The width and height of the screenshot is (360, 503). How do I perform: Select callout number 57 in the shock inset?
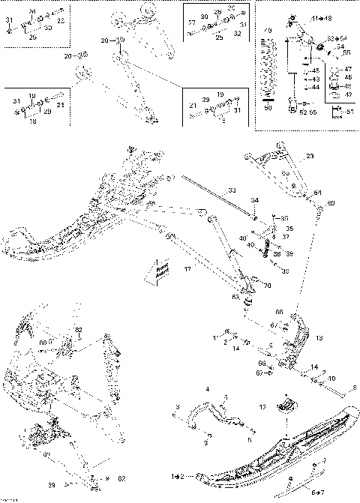coord(347,112)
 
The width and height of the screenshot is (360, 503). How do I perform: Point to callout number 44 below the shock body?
coord(316,88)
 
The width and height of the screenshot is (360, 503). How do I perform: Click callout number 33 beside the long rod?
coord(232,190)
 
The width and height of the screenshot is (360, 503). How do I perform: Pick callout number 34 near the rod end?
coord(254,201)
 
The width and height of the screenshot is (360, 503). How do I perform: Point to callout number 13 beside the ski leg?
coord(320,338)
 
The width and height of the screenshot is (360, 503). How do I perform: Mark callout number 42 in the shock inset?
coord(347,94)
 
